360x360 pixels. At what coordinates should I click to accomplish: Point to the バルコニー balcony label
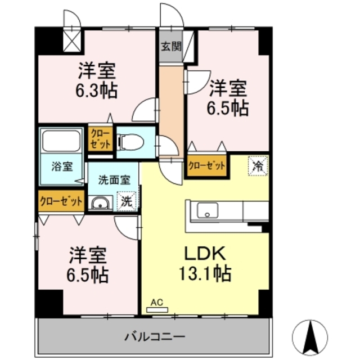click(154, 337)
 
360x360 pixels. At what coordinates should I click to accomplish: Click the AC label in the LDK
click(157, 303)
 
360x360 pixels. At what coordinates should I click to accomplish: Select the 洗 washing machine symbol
click(127, 201)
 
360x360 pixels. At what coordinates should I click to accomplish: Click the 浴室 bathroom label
click(62, 166)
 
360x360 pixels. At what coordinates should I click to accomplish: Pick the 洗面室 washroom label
click(114, 180)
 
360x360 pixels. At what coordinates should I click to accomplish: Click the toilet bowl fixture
click(130, 141)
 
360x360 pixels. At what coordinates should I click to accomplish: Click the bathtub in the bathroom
click(62, 141)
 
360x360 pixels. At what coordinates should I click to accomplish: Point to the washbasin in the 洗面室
click(101, 203)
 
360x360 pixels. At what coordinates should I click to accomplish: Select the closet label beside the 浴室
click(61, 201)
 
